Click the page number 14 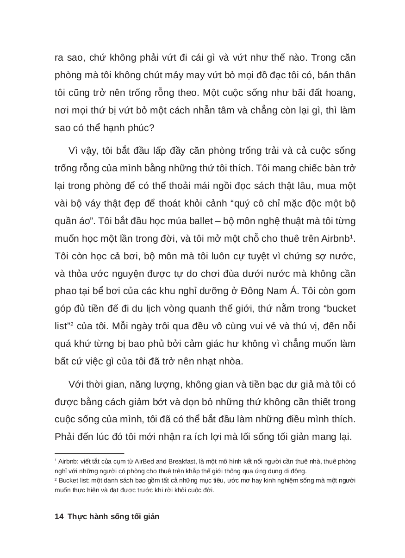[58, 516]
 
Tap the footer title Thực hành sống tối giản [113, 516]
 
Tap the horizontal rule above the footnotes [89, 454]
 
